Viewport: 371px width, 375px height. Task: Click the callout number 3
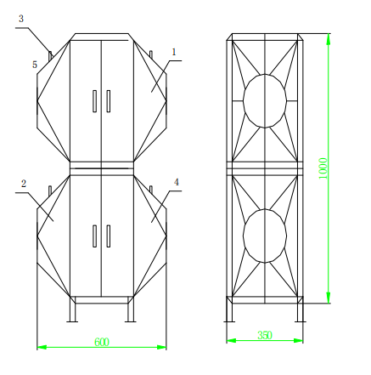point(21,18)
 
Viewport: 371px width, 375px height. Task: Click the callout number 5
point(35,64)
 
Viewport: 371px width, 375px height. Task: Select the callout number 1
point(174,52)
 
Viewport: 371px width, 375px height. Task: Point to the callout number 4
point(177,182)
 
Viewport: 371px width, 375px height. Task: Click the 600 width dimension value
point(102,342)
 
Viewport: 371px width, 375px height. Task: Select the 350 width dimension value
point(264,335)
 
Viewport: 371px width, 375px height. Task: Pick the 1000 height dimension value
point(323,167)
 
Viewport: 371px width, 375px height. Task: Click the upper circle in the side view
point(265,100)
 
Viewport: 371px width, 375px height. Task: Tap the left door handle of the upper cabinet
point(93,101)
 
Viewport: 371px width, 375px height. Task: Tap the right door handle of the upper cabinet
point(110,101)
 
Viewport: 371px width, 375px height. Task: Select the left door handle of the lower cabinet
point(93,236)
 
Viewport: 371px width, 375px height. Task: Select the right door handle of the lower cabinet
point(110,236)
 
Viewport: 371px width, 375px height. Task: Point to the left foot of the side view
point(228,310)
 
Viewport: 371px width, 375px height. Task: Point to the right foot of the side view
point(300,310)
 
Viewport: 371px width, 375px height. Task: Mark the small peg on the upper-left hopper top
point(51,54)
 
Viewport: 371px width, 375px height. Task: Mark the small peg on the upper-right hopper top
point(152,54)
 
